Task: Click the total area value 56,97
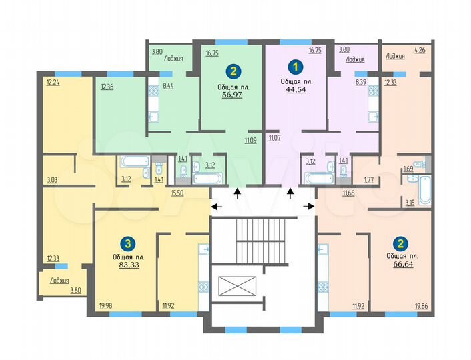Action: (x=232, y=95)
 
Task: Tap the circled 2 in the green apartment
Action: (x=232, y=71)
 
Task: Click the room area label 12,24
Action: (x=53, y=83)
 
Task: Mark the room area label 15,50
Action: (x=177, y=193)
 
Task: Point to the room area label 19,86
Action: (x=421, y=306)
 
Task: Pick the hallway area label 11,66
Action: (x=348, y=193)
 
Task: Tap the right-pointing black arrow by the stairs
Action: (x=309, y=207)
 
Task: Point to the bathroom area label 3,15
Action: (x=410, y=202)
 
